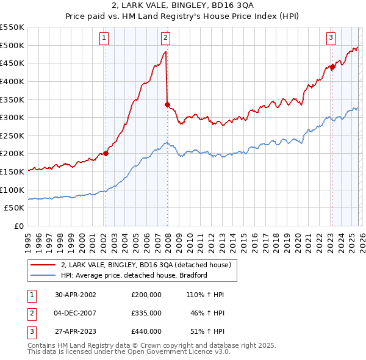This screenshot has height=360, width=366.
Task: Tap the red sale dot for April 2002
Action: point(106,153)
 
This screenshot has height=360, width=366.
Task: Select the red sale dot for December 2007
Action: point(167,104)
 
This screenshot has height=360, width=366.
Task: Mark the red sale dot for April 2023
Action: point(332,67)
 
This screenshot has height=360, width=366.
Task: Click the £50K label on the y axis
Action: point(15,208)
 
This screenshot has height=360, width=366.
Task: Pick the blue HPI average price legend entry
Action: point(134,275)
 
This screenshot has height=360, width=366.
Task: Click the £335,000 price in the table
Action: point(146,312)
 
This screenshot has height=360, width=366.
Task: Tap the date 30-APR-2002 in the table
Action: point(76,294)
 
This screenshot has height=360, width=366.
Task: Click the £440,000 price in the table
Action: point(146,331)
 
